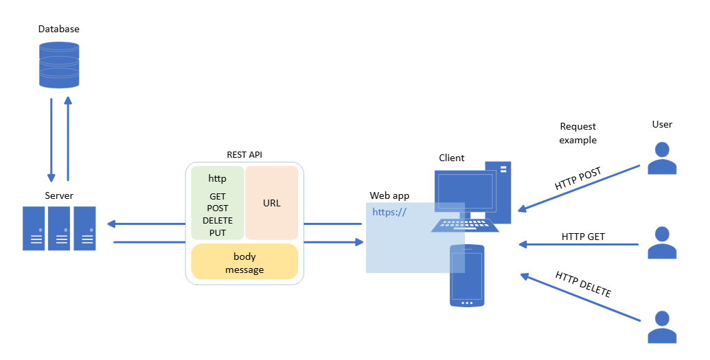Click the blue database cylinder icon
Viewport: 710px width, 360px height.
pos(59,64)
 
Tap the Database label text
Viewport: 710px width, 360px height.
pos(59,29)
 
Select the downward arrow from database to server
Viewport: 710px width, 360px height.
pos(51,140)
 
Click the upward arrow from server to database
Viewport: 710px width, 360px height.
pos(68,139)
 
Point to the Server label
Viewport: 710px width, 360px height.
pos(59,195)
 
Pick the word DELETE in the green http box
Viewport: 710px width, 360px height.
pos(218,221)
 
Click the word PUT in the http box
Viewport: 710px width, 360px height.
pos(218,233)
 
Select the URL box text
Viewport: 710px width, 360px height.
pos(272,203)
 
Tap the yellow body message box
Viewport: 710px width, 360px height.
pos(244,262)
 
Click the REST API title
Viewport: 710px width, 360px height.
pos(244,155)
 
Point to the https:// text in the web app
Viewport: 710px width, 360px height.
pos(389,212)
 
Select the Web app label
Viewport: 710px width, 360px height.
pos(389,195)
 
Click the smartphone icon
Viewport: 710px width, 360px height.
pos(467,276)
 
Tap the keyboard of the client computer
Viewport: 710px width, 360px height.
pos(465,225)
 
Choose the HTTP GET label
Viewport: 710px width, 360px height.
pos(583,237)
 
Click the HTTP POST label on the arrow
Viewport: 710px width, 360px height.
pos(577,179)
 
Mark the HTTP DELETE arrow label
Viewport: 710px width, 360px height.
pos(583,284)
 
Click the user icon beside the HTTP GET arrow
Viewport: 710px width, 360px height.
pos(662,243)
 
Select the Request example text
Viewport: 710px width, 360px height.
pos(577,133)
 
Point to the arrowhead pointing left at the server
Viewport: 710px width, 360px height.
pos(112,224)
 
